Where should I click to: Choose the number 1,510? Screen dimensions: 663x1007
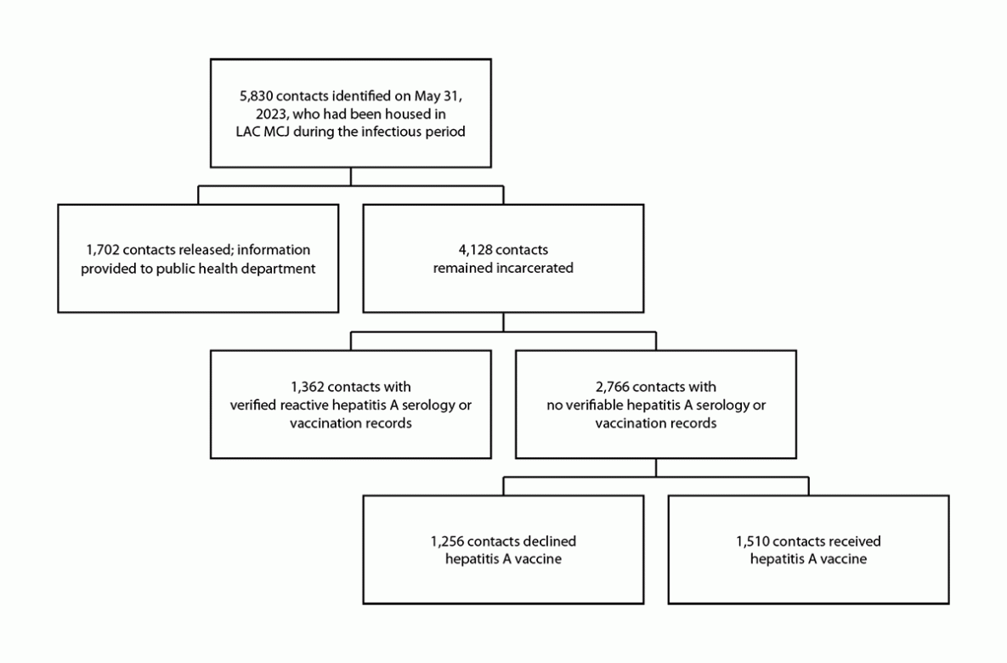(x=756, y=541)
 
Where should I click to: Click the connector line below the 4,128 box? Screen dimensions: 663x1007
(x=504, y=321)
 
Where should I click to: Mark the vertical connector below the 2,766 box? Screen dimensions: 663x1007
(x=656, y=468)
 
